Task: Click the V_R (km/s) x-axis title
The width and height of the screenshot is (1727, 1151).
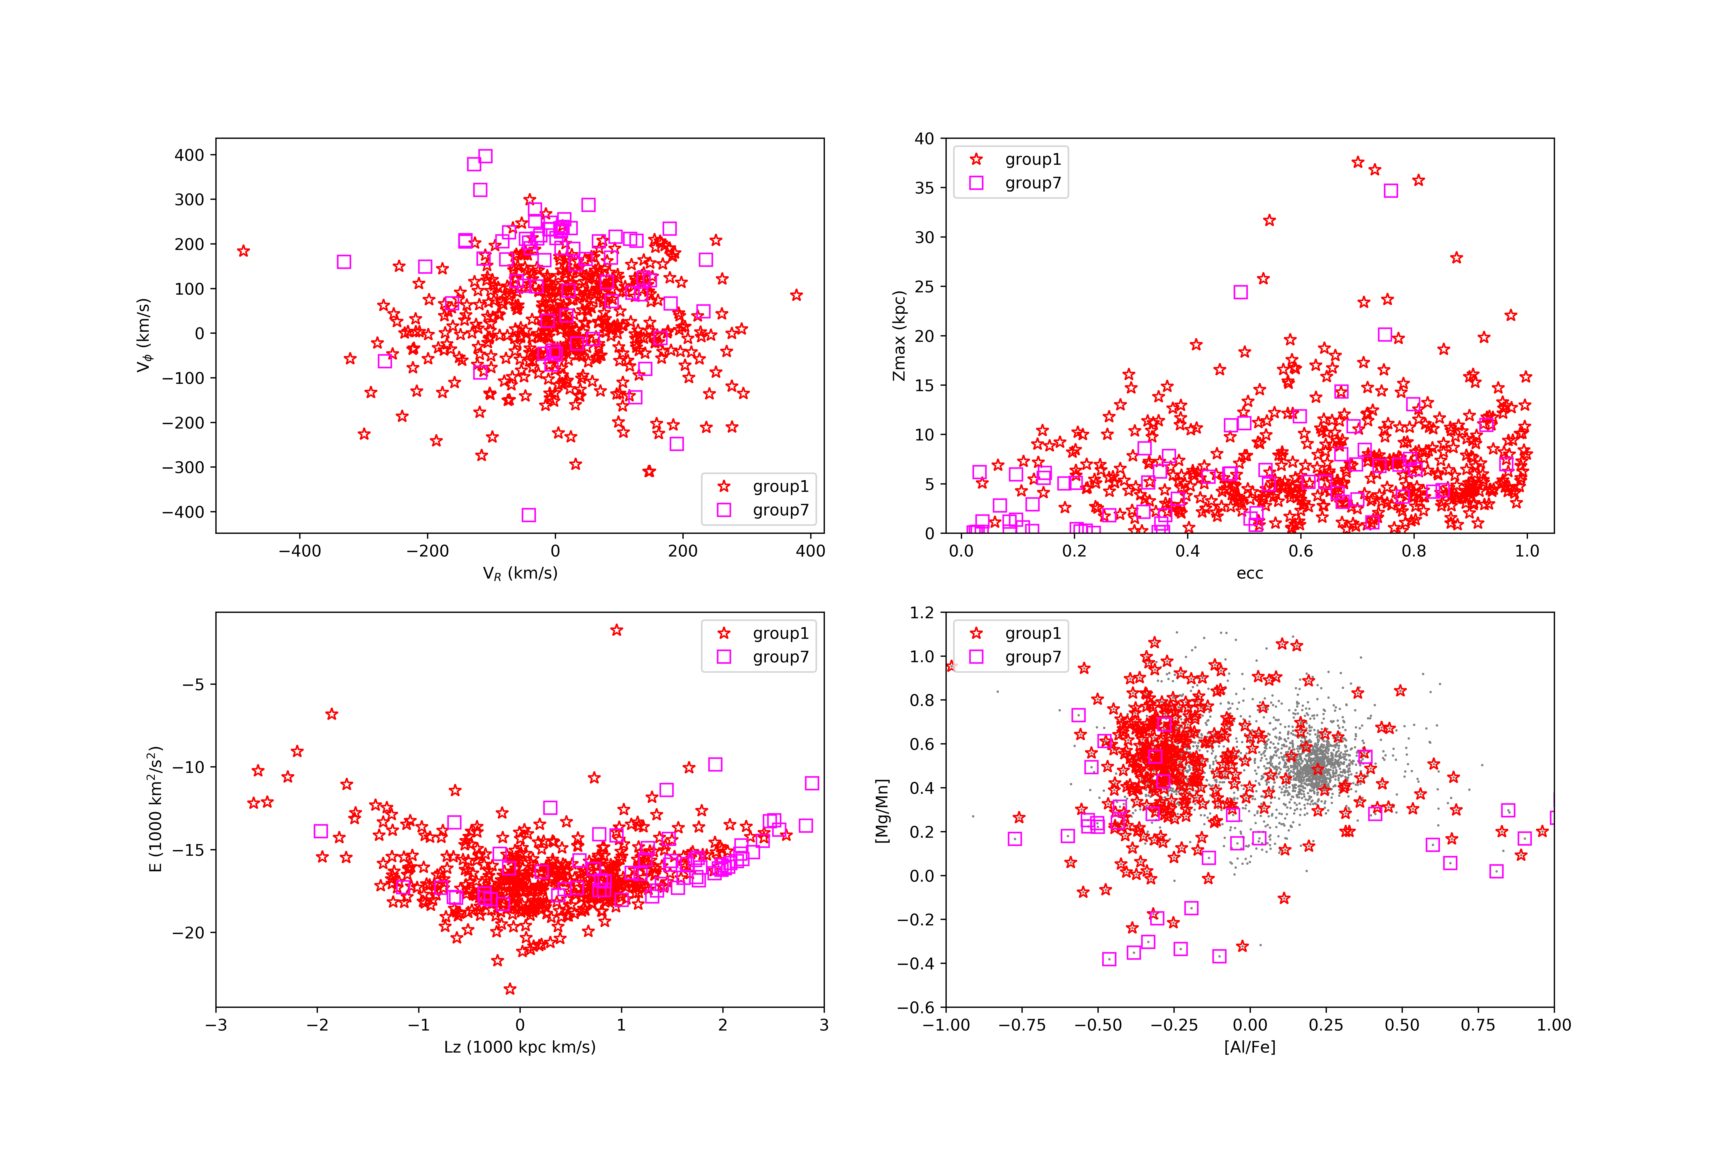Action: click(520, 573)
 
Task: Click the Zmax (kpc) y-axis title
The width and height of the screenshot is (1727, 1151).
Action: click(899, 336)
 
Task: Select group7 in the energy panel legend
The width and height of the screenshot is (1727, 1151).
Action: click(780, 657)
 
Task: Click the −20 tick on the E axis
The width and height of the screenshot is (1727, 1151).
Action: click(188, 933)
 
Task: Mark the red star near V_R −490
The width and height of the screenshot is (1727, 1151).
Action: click(244, 251)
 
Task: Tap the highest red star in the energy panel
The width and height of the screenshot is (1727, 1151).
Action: click(617, 630)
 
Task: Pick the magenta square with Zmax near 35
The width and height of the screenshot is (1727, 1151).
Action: click(1391, 191)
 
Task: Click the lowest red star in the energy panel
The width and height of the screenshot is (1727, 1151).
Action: click(510, 989)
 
